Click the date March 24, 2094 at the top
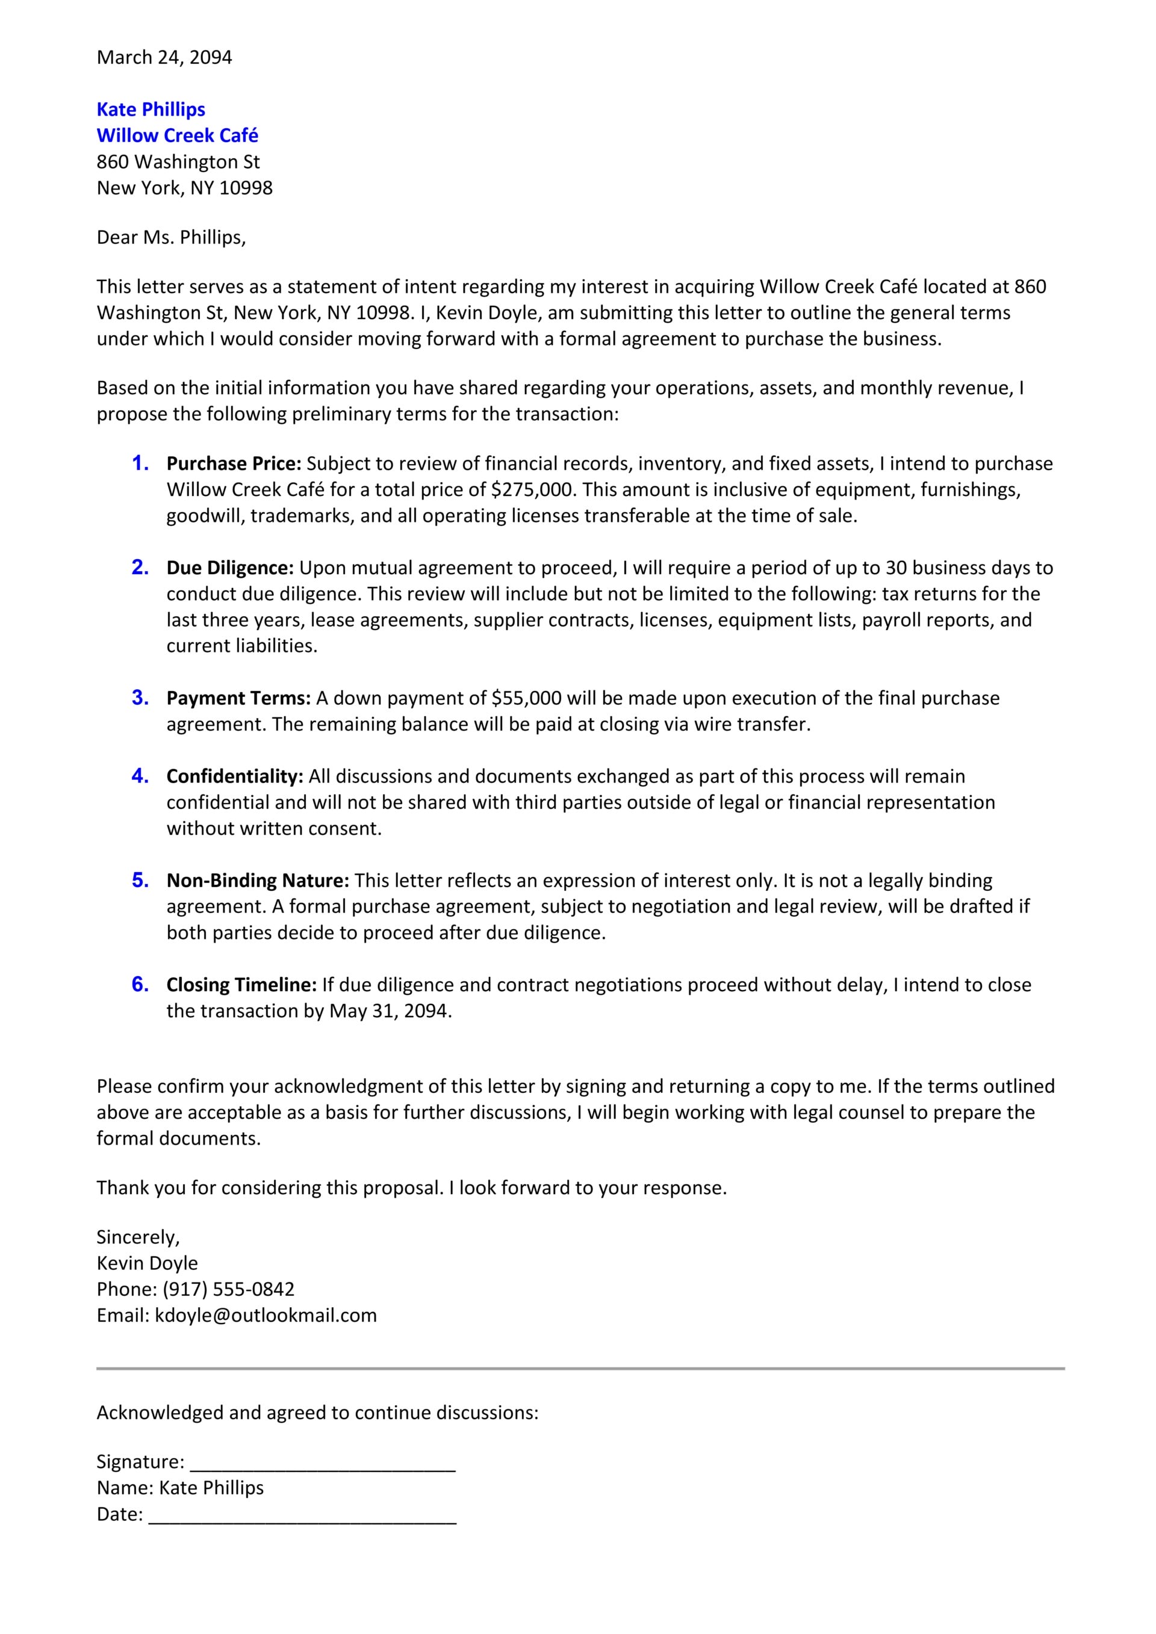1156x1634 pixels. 164,58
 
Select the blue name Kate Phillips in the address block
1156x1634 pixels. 151,110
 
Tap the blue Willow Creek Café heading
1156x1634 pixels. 177,136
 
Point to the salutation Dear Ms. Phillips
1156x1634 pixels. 171,238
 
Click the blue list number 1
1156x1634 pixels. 140,463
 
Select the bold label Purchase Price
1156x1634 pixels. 234,464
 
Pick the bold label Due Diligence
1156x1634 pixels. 230,568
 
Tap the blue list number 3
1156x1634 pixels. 140,698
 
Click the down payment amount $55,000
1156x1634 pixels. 526,698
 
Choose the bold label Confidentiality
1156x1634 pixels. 235,776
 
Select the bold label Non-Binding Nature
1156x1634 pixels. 258,881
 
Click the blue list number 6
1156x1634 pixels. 140,984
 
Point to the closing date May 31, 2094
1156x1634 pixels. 390,1011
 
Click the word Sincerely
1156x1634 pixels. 138,1237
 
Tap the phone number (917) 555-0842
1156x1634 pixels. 229,1290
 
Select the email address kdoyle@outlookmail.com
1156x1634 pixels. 266,1316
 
